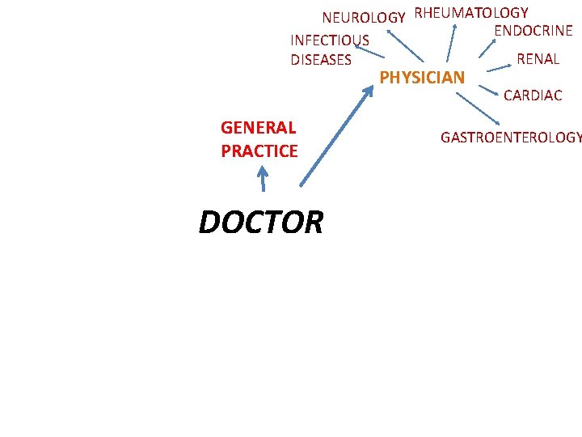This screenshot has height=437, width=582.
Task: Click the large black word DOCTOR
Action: pyautogui.click(x=260, y=222)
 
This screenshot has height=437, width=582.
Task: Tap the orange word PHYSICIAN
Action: pyautogui.click(x=422, y=78)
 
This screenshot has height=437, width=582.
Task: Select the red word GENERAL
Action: pyautogui.click(x=258, y=127)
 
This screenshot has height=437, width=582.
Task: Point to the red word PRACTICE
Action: pyautogui.click(x=259, y=151)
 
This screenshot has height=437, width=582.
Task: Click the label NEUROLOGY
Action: pyautogui.click(x=363, y=17)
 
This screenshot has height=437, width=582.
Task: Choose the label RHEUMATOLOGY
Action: pyautogui.click(x=471, y=12)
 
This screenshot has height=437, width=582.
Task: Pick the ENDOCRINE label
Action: pyautogui.click(x=533, y=31)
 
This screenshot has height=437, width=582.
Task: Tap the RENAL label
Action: pyautogui.click(x=538, y=58)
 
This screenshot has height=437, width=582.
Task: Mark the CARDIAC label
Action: pyautogui.click(x=532, y=95)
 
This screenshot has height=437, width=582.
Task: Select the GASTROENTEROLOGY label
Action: pyautogui.click(x=510, y=138)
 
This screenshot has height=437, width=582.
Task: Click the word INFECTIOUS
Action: pyautogui.click(x=330, y=40)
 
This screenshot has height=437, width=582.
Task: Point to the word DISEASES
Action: pyautogui.click(x=321, y=59)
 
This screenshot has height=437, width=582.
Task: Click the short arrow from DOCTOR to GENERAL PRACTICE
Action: pyautogui.click(x=262, y=177)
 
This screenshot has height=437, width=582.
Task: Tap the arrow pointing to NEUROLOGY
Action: pyautogui.click(x=403, y=47)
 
